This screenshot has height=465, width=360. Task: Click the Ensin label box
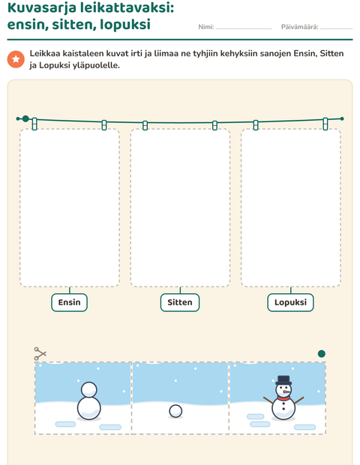click(70, 302)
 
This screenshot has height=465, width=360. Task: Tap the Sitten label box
click(180, 302)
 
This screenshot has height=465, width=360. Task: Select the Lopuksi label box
click(290, 302)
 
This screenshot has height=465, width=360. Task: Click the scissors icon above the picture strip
click(40, 353)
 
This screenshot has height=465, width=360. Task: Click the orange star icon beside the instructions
click(16, 59)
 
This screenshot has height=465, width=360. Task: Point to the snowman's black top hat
click(283, 380)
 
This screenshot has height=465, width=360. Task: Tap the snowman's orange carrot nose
click(286, 391)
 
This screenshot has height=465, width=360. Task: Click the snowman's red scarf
click(283, 398)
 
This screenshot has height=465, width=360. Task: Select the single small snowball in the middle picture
click(175, 411)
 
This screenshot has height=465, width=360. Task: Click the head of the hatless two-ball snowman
click(89, 389)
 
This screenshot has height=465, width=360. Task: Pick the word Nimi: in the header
click(206, 27)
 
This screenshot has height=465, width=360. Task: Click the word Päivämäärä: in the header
click(300, 27)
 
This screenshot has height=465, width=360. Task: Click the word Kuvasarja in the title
click(42, 7)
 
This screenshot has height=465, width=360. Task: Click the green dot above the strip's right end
click(322, 353)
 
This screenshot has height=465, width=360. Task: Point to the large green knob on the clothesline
click(25, 118)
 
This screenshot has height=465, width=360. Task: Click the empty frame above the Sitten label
click(180, 208)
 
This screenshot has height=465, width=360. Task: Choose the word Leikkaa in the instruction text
click(44, 53)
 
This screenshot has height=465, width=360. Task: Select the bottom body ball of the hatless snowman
click(89, 408)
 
